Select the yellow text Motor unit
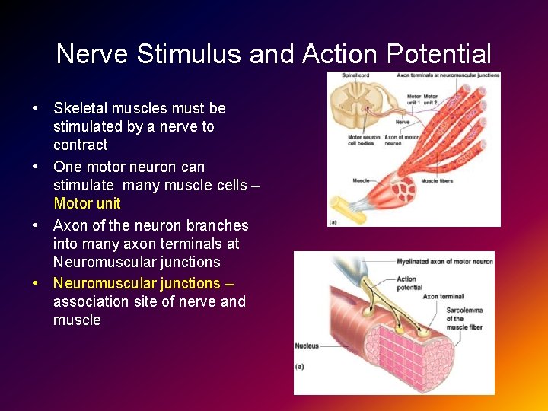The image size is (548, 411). [x=87, y=203]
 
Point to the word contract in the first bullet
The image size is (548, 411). [x=80, y=145]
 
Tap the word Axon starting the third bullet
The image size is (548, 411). [x=69, y=225]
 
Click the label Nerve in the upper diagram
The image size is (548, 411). [x=403, y=122]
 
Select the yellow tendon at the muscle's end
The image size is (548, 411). [x=340, y=206]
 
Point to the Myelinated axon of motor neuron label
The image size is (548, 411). [x=444, y=261]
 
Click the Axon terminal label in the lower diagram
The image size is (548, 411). [x=441, y=296]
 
